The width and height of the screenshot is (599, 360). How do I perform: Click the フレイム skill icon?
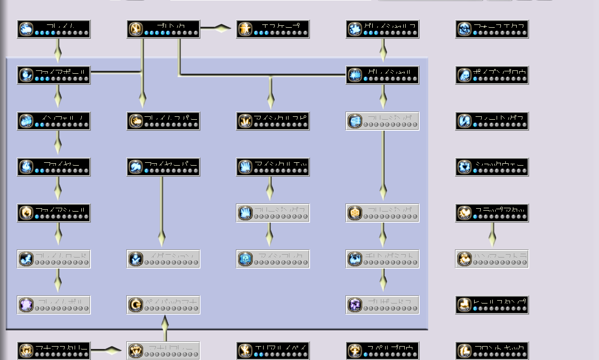[x=26, y=29]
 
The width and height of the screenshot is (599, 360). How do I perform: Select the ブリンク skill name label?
[x=170, y=25]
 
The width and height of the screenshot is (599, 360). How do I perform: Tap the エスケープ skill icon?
[x=245, y=29]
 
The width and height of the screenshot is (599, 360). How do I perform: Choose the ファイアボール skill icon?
[x=26, y=75]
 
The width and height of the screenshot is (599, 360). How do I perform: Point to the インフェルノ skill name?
[x=62, y=117]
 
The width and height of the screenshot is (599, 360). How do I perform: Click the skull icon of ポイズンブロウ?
[x=465, y=75]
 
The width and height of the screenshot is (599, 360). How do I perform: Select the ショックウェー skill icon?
[x=465, y=167]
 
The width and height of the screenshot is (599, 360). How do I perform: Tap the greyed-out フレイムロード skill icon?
[x=26, y=259]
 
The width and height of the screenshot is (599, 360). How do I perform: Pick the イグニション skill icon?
[x=136, y=259]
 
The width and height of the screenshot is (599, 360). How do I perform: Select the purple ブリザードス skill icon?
[x=355, y=305]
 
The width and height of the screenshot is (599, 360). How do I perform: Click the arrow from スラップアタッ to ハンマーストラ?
[x=492, y=236]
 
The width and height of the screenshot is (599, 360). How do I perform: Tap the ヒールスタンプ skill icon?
[x=465, y=305]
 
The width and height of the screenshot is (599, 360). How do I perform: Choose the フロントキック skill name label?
[x=500, y=347]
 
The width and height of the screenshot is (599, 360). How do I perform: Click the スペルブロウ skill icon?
[x=355, y=351]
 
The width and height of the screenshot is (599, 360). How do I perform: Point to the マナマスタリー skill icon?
[x=26, y=351]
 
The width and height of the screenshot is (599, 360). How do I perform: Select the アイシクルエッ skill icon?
[x=245, y=167]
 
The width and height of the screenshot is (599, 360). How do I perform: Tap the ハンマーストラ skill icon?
[x=465, y=259]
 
